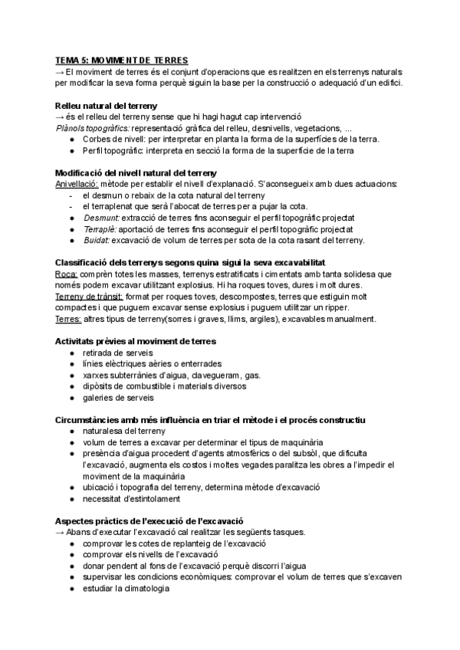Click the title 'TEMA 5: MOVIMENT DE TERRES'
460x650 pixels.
122,60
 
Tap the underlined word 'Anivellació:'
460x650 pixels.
78,184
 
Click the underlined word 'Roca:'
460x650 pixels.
67,274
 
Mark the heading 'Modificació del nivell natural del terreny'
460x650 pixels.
136,172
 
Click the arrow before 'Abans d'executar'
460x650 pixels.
60,532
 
